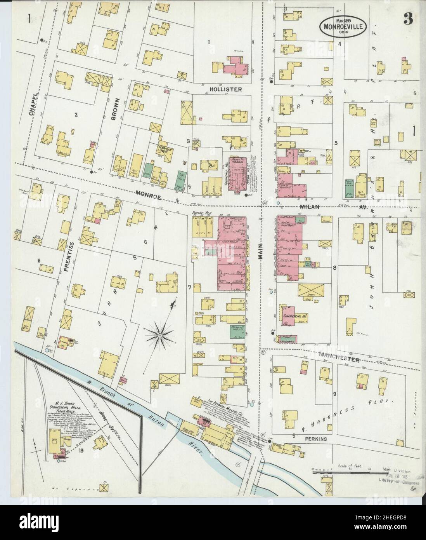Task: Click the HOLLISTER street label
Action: coord(226,89)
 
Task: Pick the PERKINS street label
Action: coord(315,439)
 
